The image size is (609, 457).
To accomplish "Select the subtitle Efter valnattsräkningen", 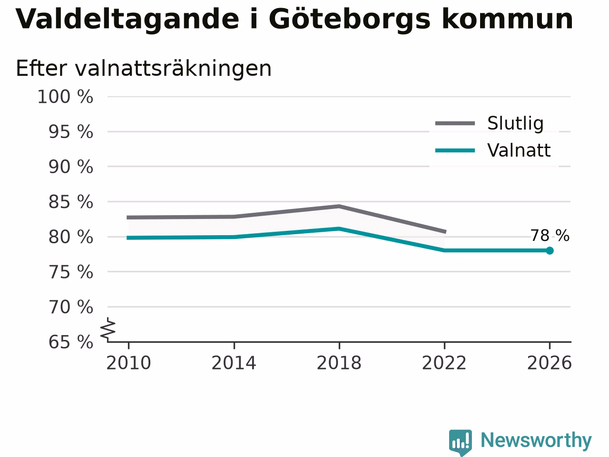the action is (x=144, y=68).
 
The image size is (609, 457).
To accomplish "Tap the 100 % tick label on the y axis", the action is (x=65, y=97).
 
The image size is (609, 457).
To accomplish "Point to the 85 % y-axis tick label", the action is (x=71, y=202).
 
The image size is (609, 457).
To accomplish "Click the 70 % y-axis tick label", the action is (x=71, y=307).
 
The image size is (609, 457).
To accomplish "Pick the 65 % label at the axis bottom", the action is (x=71, y=342).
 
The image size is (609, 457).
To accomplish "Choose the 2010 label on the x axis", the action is (x=128, y=363).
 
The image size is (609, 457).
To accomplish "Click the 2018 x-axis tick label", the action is (x=339, y=363).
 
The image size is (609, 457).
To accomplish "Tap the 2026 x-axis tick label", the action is (x=550, y=363).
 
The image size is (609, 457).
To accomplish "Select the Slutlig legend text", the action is (x=515, y=123).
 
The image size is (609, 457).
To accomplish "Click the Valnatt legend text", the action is (x=519, y=150).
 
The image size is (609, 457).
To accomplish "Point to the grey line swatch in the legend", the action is (x=455, y=123).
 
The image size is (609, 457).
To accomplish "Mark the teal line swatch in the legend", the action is (x=455, y=151).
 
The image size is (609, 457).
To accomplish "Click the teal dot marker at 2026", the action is (x=550, y=250).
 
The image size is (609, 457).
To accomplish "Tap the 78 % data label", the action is (x=550, y=236).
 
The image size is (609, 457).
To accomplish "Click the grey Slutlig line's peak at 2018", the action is (x=339, y=206).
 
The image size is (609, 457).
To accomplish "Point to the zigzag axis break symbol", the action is (x=108, y=329).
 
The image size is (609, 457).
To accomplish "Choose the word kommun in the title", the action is (x=508, y=20).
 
